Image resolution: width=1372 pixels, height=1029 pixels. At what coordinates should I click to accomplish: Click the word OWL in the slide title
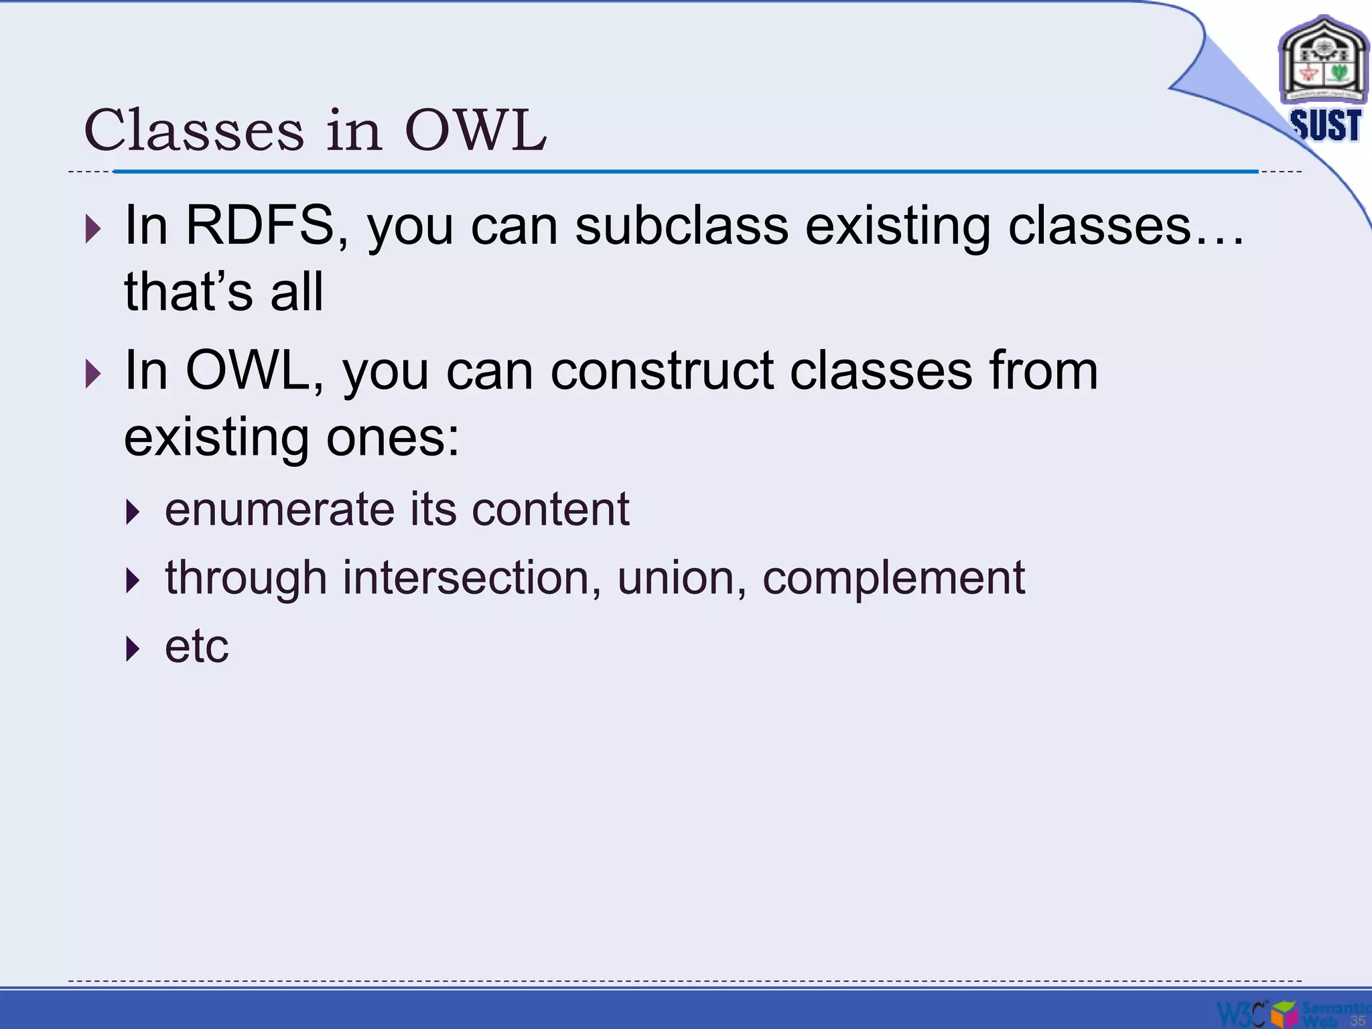pos(476,130)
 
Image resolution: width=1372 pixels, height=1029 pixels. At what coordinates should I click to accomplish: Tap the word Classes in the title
pos(194,130)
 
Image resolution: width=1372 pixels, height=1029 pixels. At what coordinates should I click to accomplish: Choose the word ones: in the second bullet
pos(393,437)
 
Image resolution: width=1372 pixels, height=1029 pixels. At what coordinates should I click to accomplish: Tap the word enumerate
pos(280,509)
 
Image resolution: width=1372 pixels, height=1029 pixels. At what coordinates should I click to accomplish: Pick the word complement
pos(894,577)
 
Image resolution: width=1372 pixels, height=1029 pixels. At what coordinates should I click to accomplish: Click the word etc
pos(197,646)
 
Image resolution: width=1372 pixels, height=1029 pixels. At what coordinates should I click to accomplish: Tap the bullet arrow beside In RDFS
pos(93,229)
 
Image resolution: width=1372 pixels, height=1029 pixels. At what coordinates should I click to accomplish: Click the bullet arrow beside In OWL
pos(93,374)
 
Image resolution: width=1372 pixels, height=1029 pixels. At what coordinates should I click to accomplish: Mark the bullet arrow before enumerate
pos(133,512)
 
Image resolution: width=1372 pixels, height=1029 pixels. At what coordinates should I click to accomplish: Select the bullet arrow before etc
pos(133,649)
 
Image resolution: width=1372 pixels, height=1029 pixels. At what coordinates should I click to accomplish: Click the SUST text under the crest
pos(1325,126)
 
